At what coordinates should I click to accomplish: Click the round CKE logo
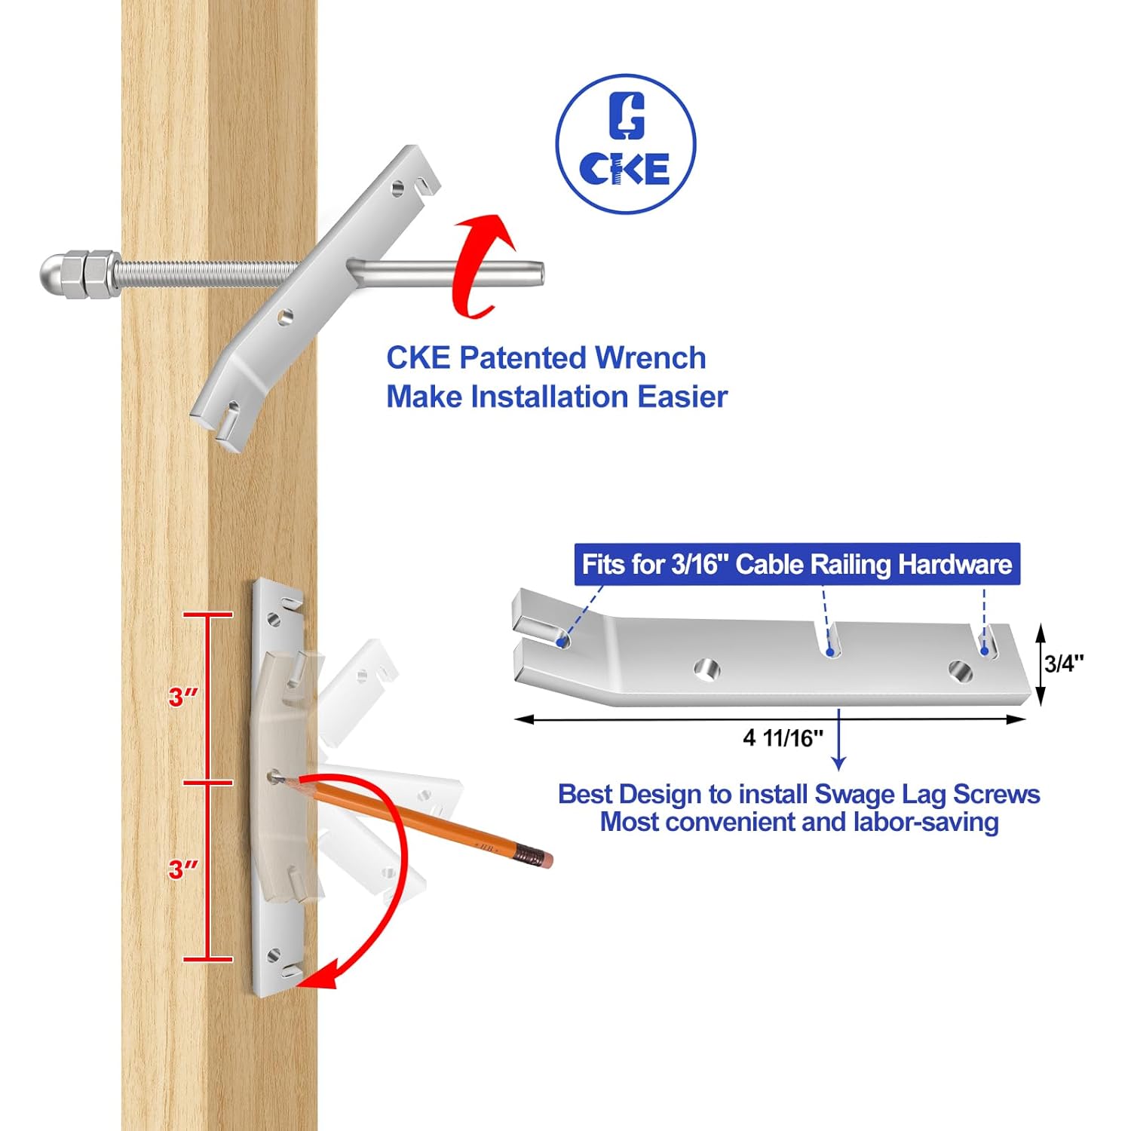pyautogui.click(x=625, y=143)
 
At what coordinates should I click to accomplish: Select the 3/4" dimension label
pyautogui.click(x=1064, y=664)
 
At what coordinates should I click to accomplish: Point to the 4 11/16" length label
pyautogui.click(x=783, y=737)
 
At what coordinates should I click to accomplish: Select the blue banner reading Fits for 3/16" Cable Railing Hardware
pyautogui.click(x=796, y=565)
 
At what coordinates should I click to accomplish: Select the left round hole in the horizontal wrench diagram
pyautogui.click(x=706, y=668)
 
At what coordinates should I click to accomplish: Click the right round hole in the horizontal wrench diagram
pyautogui.click(x=959, y=670)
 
